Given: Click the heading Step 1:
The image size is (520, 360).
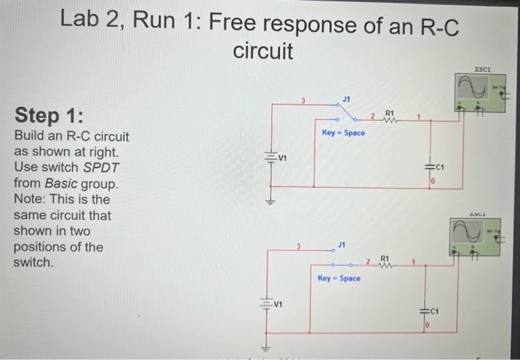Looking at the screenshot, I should pos(49,117).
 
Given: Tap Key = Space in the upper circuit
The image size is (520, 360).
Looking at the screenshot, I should pos(343,133).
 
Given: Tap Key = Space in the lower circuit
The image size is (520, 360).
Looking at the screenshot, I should pos(339,278).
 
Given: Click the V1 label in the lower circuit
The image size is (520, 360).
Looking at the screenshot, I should pos(279,303).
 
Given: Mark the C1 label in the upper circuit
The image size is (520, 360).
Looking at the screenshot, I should pos(441,167).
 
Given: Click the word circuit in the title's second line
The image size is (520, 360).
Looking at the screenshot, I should pos(264,52).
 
